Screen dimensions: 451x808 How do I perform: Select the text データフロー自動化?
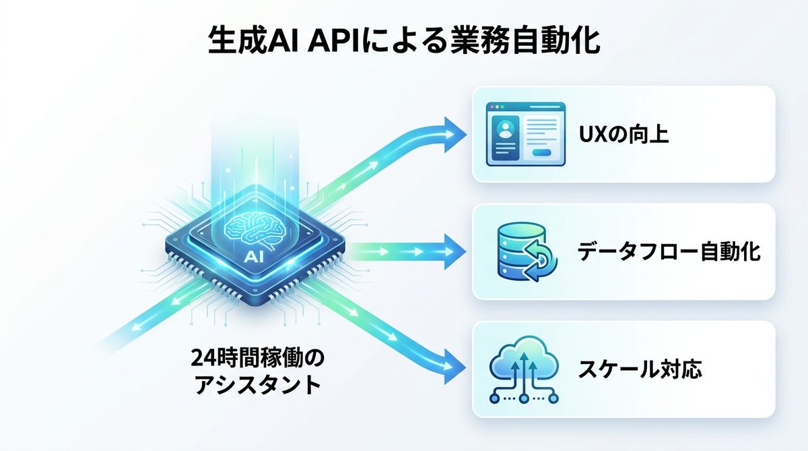(x=669, y=252)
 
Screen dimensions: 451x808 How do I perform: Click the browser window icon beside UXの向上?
(x=525, y=133)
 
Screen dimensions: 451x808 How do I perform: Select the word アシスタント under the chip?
(x=257, y=386)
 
